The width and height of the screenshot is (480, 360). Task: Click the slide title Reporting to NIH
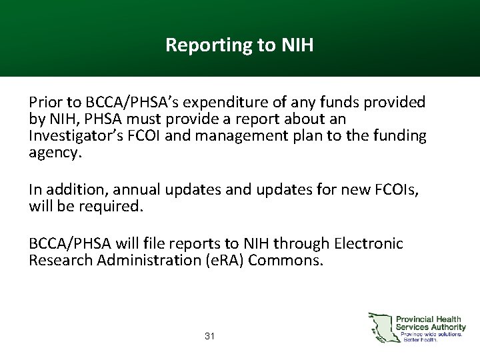[239, 45]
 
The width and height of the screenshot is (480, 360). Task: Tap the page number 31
[209, 336]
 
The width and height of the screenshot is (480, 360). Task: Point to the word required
[112, 206]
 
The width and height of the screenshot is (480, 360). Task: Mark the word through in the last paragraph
[305, 243]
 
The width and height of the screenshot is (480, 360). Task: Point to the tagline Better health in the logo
[420, 339]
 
